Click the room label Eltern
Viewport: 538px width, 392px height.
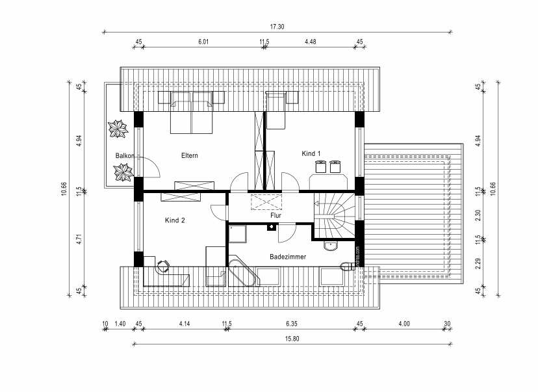(x=190, y=155)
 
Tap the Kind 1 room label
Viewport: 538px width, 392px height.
(x=312, y=153)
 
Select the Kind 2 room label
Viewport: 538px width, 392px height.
(x=175, y=220)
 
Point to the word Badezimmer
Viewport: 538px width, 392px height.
(x=288, y=257)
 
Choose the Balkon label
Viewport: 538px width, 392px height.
(x=125, y=155)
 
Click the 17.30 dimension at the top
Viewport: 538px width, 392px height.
(x=277, y=27)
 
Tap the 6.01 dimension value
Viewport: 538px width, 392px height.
(x=203, y=42)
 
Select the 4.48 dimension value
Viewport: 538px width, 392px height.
(x=310, y=42)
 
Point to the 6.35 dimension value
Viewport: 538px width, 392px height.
(x=290, y=323)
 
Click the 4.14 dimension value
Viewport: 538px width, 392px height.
(x=184, y=323)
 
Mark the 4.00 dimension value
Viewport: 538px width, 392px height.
(x=403, y=323)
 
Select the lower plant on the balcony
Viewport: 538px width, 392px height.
(x=123, y=172)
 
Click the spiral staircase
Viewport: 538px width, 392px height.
(x=337, y=215)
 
